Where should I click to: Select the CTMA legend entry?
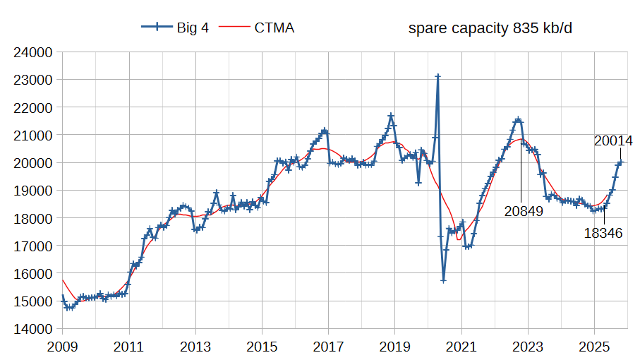click(258, 28)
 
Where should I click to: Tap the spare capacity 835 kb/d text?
click(490, 29)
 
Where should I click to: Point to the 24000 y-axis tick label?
click(34, 52)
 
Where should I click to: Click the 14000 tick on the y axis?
click(34, 329)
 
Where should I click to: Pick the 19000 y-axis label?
click(34, 191)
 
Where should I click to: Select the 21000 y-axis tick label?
click(34, 135)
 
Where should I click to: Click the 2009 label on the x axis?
click(62, 347)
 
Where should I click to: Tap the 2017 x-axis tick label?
click(328, 347)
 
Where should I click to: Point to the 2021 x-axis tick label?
click(461, 347)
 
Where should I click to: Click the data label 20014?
click(613, 141)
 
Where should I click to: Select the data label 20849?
click(524, 211)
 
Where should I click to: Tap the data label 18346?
click(603, 233)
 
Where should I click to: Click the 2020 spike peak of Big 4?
click(437, 76)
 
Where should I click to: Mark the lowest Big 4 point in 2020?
click(443, 280)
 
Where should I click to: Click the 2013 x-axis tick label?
click(195, 347)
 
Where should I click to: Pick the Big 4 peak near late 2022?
click(518, 120)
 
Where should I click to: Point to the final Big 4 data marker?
click(620, 162)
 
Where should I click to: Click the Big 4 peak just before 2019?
click(391, 115)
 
